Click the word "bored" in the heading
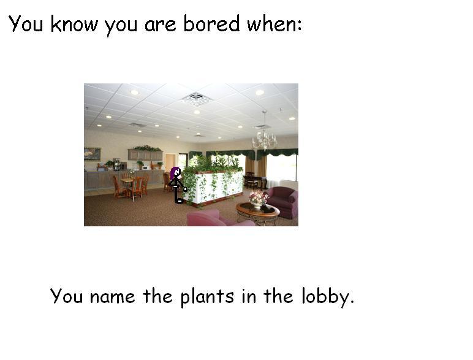tap(211, 23)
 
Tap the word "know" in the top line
tap(75, 23)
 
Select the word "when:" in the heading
tap(274, 23)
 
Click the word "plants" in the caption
tap(207, 297)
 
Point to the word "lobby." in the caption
tap(328, 297)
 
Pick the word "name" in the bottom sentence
tap(112, 297)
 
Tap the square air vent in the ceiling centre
tap(196, 99)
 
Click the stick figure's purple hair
tap(175, 173)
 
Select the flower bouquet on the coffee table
tap(259, 199)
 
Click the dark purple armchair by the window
tap(282, 202)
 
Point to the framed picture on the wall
tap(93, 154)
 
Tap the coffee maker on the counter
tap(116, 164)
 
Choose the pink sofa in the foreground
tap(219, 219)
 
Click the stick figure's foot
tap(180, 201)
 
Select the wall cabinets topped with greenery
tap(145, 154)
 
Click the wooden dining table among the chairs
tap(128, 180)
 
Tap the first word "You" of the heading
tap(26, 23)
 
